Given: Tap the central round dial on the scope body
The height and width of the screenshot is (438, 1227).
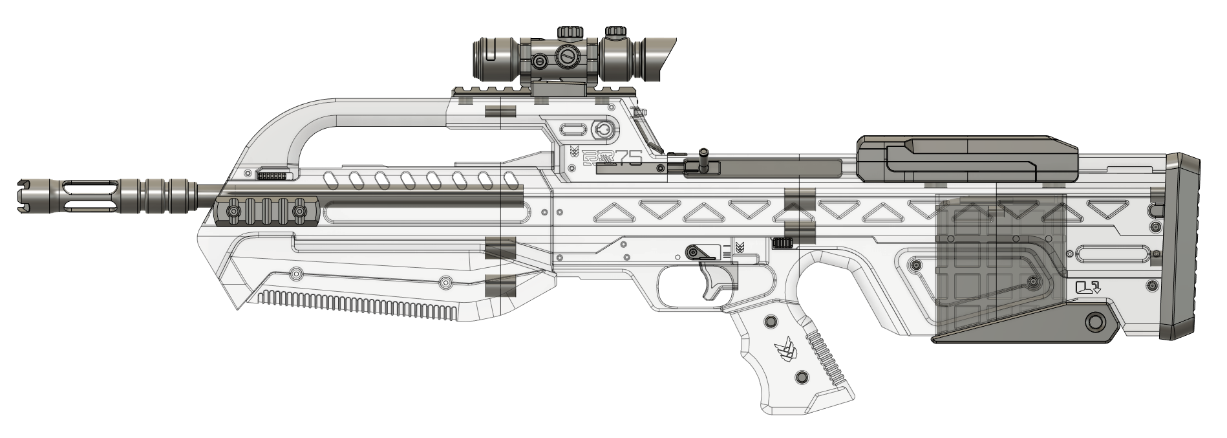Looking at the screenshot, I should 568,58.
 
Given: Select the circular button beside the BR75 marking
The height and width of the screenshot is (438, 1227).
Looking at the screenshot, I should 601,129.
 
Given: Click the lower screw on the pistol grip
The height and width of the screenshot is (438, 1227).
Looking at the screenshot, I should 802,377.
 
